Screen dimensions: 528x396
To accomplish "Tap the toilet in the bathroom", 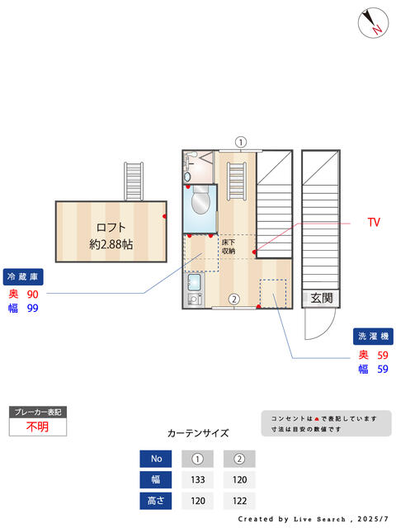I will tap(199, 200).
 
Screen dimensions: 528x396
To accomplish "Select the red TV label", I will tap(374, 223).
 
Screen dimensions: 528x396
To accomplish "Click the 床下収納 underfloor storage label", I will tap(229, 246).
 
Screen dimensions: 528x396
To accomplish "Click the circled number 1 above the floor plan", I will tap(240, 142).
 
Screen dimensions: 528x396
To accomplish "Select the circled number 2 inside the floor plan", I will tap(234, 299).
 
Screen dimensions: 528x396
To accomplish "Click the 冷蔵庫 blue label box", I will tap(25, 276).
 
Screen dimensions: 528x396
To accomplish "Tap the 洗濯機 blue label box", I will tap(374, 337).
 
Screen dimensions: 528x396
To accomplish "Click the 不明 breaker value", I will tap(37, 427).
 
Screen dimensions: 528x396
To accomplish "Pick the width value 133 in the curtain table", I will tap(197, 479).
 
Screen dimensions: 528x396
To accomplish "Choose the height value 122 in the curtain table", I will tap(239, 501).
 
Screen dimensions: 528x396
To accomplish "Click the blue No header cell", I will tap(156, 459).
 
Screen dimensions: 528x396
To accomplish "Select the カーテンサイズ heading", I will tap(198, 432).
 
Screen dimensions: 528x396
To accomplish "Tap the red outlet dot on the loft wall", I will tap(165, 216).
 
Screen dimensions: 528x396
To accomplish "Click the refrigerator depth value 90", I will tap(33, 295).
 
